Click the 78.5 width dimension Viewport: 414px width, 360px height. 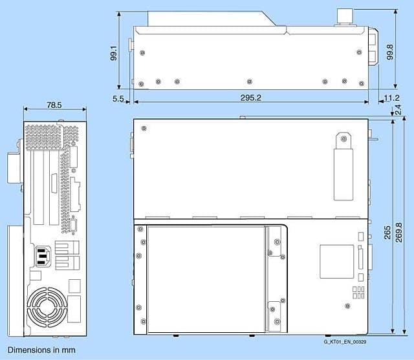54,105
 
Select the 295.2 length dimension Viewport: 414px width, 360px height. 250,98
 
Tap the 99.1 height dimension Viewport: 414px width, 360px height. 114,53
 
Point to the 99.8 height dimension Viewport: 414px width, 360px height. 389,52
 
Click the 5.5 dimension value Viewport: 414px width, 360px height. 118,99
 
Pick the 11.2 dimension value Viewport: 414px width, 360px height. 391,98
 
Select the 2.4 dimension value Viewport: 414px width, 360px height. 398,109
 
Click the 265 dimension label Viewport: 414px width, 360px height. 387,232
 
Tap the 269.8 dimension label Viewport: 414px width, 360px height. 398,232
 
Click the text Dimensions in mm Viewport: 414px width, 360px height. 41,350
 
